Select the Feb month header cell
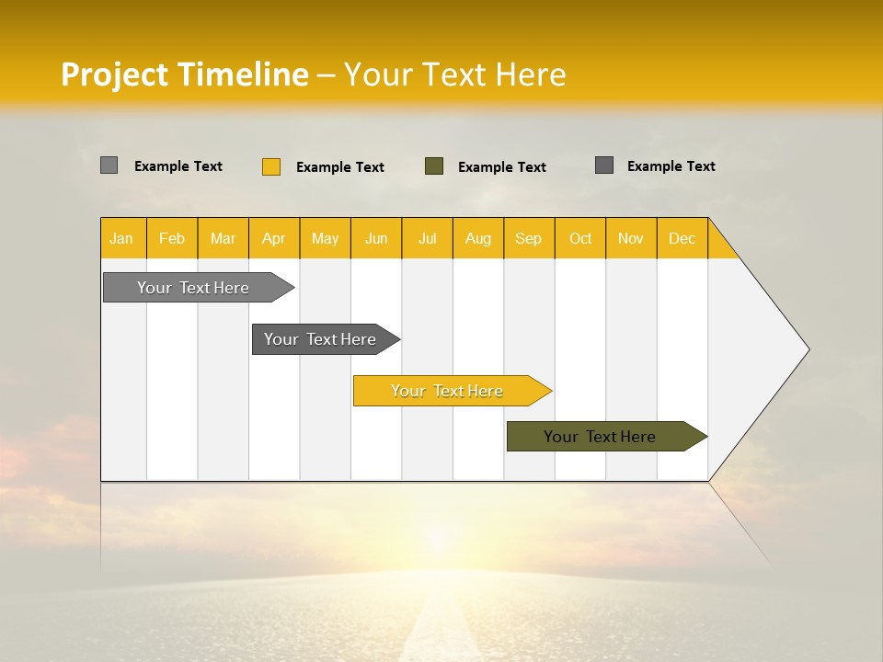[x=172, y=238]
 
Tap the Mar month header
[x=223, y=238]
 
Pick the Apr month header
[x=274, y=238]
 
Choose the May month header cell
[x=325, y=238]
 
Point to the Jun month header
[x=376, y=238]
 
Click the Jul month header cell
[x=427, y=238]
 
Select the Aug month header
[x=478, y=238]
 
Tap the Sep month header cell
[x=529, y=238]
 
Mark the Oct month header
[x=580, y=238]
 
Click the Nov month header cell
[x=631, y=238]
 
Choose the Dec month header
[x=682, y=238]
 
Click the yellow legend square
[x=271, y=166]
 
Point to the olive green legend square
[x=434, y=166]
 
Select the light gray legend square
[x=109, y=165]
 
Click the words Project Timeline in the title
[x=185, y=74]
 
